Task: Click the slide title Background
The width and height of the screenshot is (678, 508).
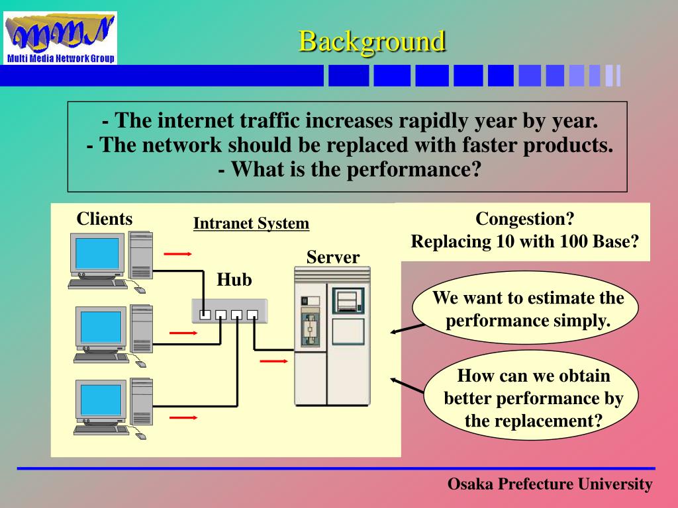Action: click(371, 41)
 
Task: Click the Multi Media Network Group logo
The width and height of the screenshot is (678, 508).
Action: click(60, 38)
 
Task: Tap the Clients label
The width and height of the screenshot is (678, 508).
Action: click(105, 219)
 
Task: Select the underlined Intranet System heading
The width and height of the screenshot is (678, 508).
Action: click(251, 224)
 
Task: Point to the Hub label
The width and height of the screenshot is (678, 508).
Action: click(234, 280)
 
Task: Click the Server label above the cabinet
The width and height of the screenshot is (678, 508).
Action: click(333, 257)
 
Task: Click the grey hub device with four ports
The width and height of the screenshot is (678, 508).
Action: click(229, 311)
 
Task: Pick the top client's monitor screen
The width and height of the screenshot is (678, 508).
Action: click(97, 253)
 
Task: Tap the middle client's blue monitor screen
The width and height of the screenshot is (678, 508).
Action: click(101, 326)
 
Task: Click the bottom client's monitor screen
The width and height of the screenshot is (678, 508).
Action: click(101, 399)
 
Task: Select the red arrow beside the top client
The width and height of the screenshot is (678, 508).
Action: click(177, 253)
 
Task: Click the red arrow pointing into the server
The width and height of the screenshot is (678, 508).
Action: click(273, 361)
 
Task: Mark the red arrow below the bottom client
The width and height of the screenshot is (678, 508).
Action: click(183, 417)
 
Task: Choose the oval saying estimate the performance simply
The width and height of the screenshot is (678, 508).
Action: click(528, 309)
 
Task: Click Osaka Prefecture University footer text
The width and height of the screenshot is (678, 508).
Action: click(550, 484)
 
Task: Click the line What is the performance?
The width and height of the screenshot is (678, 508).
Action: click(348, 169)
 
